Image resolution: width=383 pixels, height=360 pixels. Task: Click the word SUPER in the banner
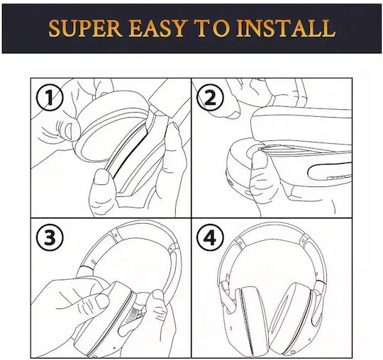(86, 28)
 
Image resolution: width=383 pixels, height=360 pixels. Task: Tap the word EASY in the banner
(158, 28)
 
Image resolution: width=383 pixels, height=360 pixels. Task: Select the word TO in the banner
(212, 28)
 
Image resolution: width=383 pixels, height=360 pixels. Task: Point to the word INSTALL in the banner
(286, 28)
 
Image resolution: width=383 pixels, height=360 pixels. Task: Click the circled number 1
(50, 97)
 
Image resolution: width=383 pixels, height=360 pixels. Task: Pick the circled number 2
(210, 97)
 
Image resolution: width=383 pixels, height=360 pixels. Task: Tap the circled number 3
(50, 237)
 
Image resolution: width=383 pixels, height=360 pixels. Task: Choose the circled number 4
(210, 237)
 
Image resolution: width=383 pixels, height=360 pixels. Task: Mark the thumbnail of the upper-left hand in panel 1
(68, 132)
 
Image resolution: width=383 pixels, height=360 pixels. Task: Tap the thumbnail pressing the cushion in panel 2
(260, 160)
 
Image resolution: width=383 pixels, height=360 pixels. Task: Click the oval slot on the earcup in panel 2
(330, 171)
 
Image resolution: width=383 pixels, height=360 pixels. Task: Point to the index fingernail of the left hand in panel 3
(102, 301)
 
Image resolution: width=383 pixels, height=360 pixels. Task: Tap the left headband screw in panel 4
(240, 243)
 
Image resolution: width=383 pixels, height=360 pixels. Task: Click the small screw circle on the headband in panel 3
(116, 235)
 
